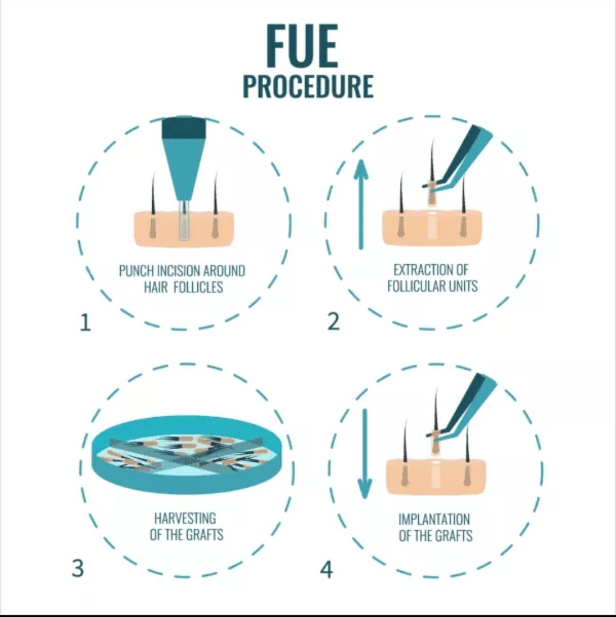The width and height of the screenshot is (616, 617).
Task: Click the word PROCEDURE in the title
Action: (308, 86)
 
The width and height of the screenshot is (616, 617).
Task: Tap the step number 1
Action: (86, 323)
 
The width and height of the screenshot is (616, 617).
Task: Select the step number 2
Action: (333, 322)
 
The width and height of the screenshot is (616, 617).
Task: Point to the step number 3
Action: (78, 568)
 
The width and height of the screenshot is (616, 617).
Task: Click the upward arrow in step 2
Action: (361, 204)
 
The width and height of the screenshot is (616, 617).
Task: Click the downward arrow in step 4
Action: (365, 454)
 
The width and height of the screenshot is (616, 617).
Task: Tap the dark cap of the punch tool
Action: (184, 127)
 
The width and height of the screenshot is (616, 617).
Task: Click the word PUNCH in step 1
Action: (137, 271)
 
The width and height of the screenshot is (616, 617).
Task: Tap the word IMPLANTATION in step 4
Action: (434, 519)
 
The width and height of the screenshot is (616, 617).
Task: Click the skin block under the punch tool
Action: (184, 229)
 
